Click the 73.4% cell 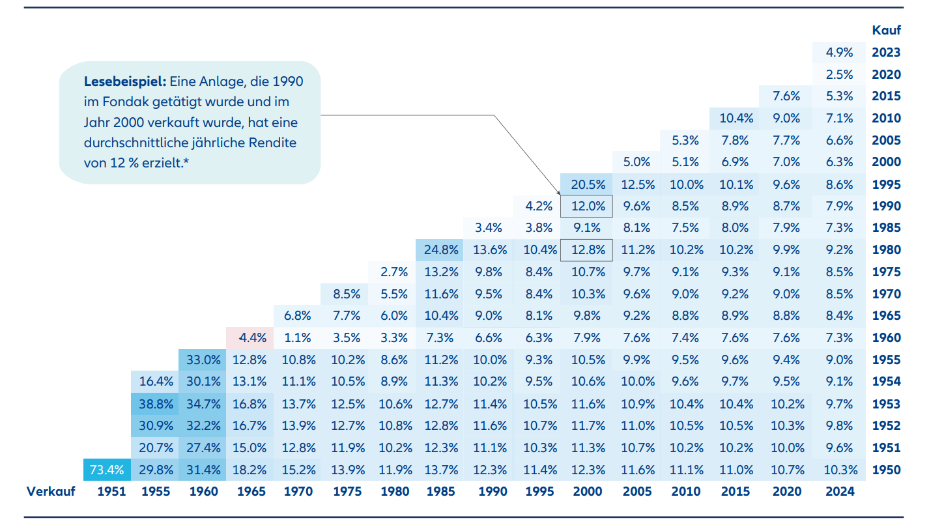107,470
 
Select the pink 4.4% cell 251,337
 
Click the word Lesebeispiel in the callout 125,83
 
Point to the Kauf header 886,30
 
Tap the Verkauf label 51,491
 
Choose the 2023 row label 886,52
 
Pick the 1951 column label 111,491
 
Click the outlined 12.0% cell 587,206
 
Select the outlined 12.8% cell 587,249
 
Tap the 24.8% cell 441,249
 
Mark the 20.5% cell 587,184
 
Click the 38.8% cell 156,404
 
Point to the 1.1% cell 298,337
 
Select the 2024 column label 839,491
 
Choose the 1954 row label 886,382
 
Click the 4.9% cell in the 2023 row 839,52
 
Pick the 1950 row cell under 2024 839,470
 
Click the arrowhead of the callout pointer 558,193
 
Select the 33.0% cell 203,360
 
